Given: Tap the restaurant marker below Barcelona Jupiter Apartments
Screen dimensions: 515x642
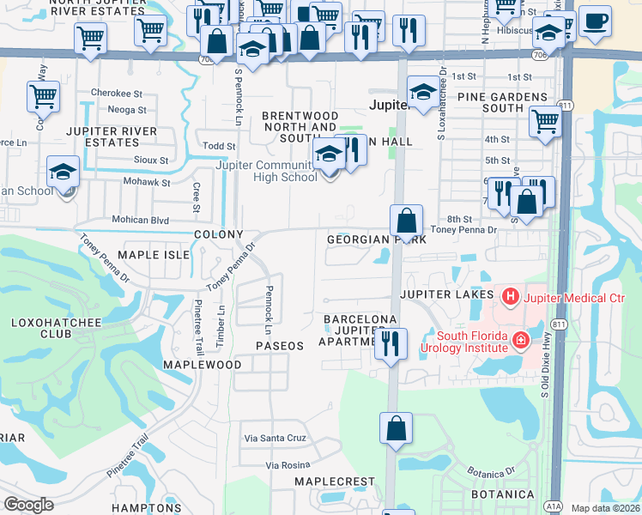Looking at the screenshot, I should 391,344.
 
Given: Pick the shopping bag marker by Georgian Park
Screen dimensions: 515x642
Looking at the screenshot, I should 407,221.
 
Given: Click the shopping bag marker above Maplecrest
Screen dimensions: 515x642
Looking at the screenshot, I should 396,428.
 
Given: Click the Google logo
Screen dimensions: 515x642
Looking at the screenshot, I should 28,505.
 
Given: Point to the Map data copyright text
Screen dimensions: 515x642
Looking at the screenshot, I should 605,508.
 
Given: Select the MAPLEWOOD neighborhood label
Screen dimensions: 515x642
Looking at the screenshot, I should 203,365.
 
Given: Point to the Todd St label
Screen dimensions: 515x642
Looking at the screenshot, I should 220,147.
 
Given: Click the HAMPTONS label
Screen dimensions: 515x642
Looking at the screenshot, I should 146,508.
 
